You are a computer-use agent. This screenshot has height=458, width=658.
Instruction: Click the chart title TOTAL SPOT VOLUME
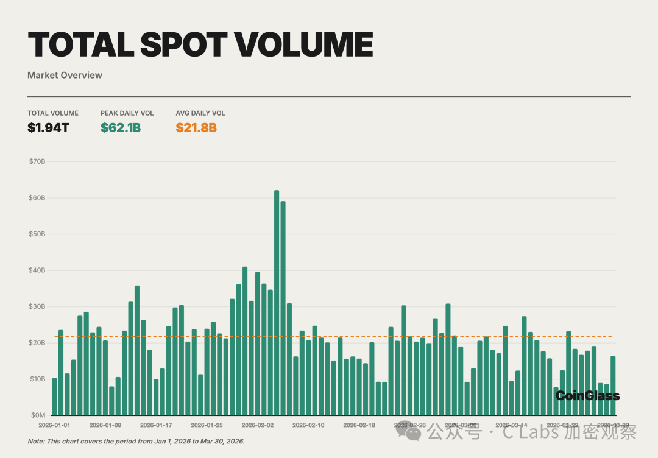pos(200,44)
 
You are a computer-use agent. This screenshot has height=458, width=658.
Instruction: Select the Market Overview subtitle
pos(65,76)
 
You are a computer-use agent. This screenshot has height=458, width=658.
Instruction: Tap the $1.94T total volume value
pos(48,128)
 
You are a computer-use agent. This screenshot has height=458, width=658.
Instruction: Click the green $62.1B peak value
pos(121,128)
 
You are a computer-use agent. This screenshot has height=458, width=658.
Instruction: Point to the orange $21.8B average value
pos(196,128)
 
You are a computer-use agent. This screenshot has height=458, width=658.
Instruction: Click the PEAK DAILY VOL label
pos(127,113)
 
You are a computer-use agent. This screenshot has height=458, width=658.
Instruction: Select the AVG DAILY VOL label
pos(200,113)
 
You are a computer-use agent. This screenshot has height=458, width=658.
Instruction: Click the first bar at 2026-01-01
pos(55,396)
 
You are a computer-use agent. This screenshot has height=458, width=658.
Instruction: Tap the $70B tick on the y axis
pos(37,162)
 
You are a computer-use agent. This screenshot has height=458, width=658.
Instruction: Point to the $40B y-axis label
pos(37,270)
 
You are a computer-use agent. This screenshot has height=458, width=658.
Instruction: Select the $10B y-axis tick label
pos(37,379)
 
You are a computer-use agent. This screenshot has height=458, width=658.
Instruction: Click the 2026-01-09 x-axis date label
pos(105,425)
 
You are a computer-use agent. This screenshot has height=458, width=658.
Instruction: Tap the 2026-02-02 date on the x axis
pos(258,425)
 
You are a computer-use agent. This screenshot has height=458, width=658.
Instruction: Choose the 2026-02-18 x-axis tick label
pos(359,425)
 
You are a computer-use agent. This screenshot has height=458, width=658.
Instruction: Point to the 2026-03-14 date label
pos(511,425)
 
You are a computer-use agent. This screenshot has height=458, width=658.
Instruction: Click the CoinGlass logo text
pos(587,396)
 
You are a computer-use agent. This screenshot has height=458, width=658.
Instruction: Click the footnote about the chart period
pos(136,441)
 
